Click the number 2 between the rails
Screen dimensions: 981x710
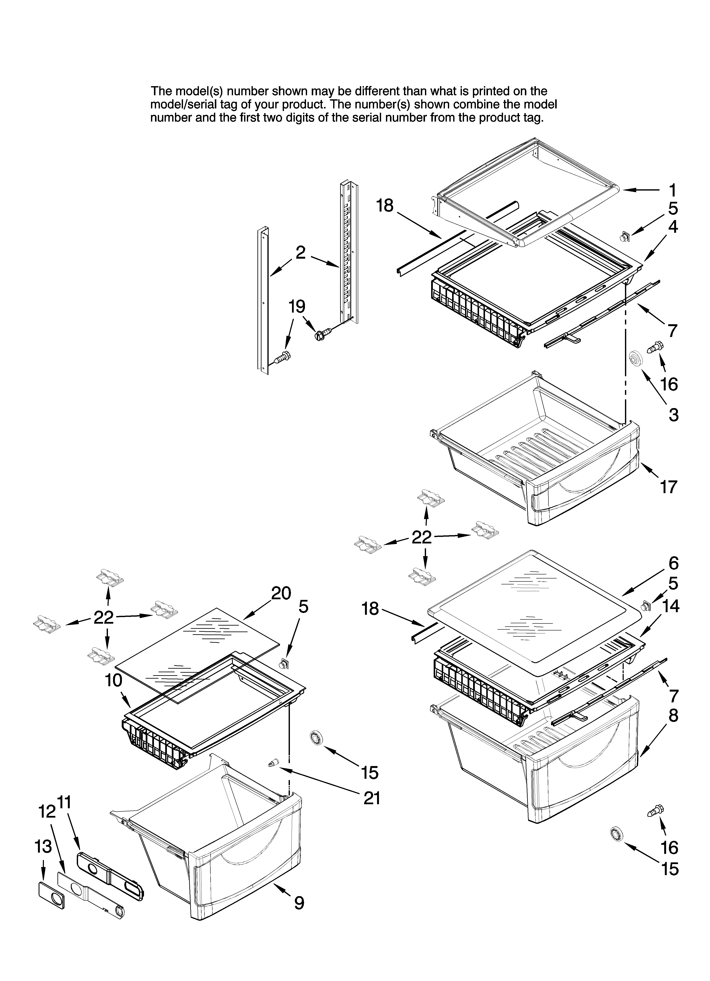click(x=300, y=253)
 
